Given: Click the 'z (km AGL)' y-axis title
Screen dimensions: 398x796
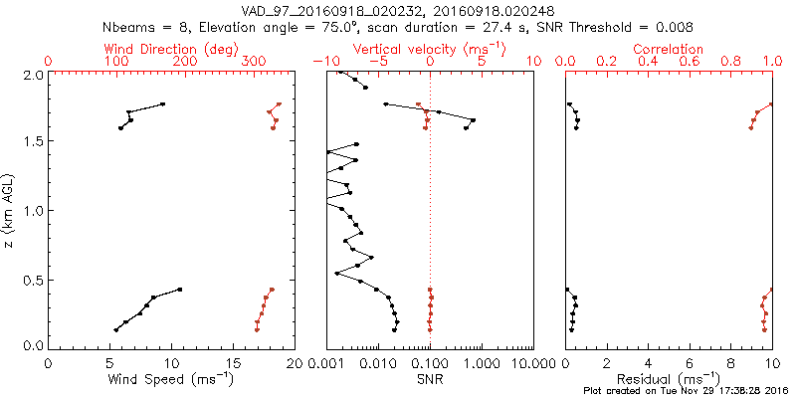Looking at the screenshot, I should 9,211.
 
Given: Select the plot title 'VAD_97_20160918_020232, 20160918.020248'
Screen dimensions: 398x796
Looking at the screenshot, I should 399,10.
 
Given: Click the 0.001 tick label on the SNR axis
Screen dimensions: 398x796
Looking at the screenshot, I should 327,364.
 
